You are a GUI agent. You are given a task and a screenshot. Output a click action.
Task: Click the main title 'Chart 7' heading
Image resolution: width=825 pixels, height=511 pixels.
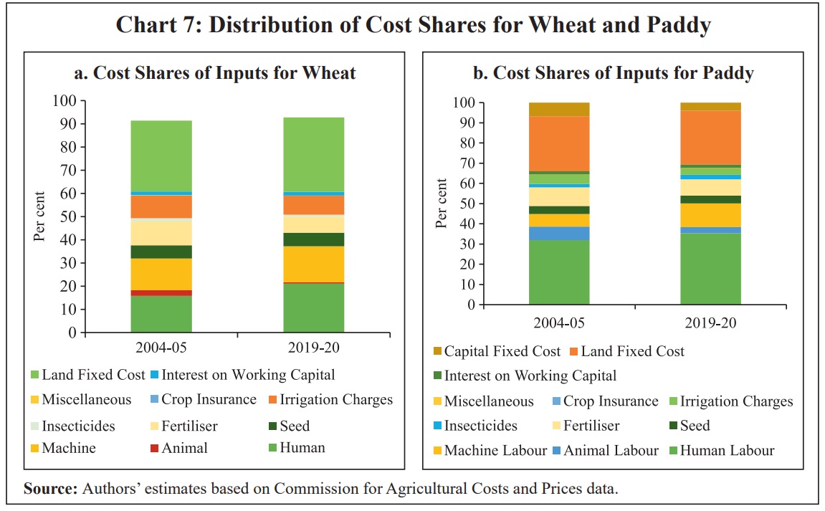pyautogui.click(x=413, y=26)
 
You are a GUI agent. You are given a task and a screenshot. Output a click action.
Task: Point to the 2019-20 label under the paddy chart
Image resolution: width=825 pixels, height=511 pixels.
pyautogui.click(x=710, y=323)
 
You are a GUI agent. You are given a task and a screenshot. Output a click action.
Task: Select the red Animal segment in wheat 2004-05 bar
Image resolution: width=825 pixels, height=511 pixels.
pyautogui.click(x=161, y=292)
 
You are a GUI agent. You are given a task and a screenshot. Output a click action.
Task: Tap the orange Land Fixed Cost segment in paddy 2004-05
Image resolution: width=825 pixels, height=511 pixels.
pyautogui.click(x=559, y=143)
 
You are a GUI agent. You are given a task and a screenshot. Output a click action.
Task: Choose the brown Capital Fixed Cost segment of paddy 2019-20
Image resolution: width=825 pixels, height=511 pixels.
pyautogui.click(x=710, y=107)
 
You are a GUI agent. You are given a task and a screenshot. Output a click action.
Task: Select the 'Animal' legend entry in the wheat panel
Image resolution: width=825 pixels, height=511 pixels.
pyautogui.click(x=185, y=448)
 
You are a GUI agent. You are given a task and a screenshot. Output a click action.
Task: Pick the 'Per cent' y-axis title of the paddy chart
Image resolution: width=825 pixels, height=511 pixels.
pyautogui.click(x=442, y=204)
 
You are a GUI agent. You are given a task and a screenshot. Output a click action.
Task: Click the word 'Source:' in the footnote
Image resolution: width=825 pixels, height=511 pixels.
pyautogui.click(x=51, y=490)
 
